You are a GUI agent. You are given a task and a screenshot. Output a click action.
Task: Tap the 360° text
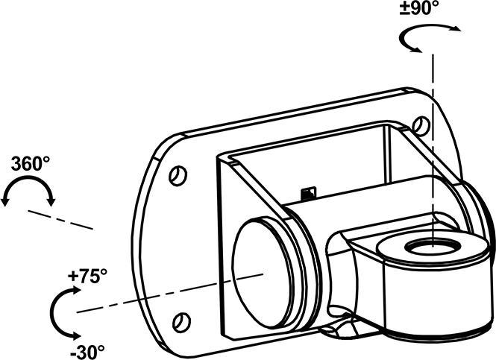point(26,164)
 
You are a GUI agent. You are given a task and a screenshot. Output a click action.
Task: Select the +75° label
point(88,275)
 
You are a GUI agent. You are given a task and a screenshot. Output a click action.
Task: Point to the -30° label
point(88,350)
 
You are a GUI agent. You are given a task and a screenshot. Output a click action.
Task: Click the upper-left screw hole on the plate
point(177,176)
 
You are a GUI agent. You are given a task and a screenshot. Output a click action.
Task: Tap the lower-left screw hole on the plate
point(179,322)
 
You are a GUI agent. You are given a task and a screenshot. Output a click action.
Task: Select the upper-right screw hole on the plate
point(421,125)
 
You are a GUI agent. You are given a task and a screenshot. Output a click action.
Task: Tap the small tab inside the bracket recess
point(308,195)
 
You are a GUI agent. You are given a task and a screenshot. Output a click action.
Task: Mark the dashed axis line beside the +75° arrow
point(149,296)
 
